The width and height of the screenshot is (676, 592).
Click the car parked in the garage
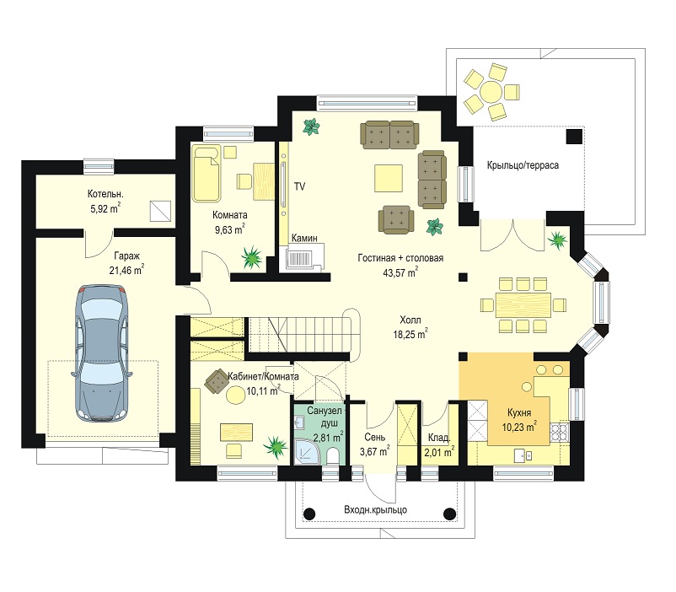pyautogui.click(x=102, y=353)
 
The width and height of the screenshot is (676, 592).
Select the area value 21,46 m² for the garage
pyautogui.click(x=126, y=270)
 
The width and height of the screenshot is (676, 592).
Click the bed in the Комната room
pyautogui.click(x=207, y=174)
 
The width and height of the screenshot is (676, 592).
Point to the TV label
pyautogui.click(x=299, y=186)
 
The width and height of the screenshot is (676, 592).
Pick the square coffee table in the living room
pyautogui.click(x=389, y=178)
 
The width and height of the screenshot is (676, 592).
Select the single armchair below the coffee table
pyautogui.click(x=396, y=219)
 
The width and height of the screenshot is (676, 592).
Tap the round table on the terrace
pyautogui.click(x=491, y=91)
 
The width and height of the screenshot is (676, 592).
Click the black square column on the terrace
pyautogui.click(x=574, y=137)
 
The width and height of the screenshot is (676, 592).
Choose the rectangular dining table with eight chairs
pyautogui.click(x=523, y=305)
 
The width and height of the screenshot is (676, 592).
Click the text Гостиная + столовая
pyautogui.click(x=400, y=258)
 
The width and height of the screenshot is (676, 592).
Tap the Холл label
pyautogui.click(x=410, y=320)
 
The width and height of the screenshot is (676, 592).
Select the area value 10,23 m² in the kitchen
pyautogui.click(x=519, y=427)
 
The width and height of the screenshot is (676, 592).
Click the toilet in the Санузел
pyautogui.click(x=332, y=456)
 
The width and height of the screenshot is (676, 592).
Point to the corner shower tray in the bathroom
pyautogui.click(x=307, y=451)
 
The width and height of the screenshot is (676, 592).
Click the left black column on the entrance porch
pyautogui.click(x=309, y=514)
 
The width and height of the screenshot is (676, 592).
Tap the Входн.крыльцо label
pyautogui.click(x=375, y=509)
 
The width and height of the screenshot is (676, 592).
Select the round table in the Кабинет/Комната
pyautogui.click(x=235, y=395)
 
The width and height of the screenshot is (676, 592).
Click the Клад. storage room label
pyautogui.click(x=439, y=438)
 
